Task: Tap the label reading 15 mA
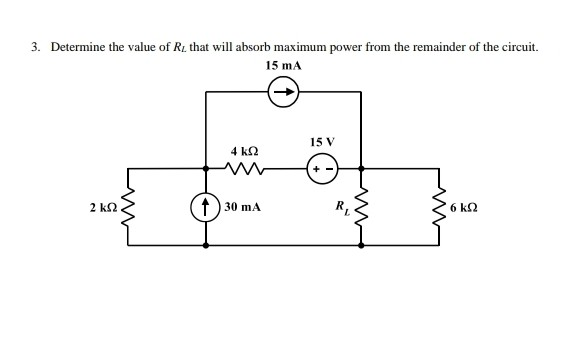click(x=284, y=66)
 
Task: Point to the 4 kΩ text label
click(x=245, y=148)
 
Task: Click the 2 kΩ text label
click(x=101, y=207)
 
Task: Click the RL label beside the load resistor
click(x=340, y=208)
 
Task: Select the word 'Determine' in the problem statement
click(x=78, y=47)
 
